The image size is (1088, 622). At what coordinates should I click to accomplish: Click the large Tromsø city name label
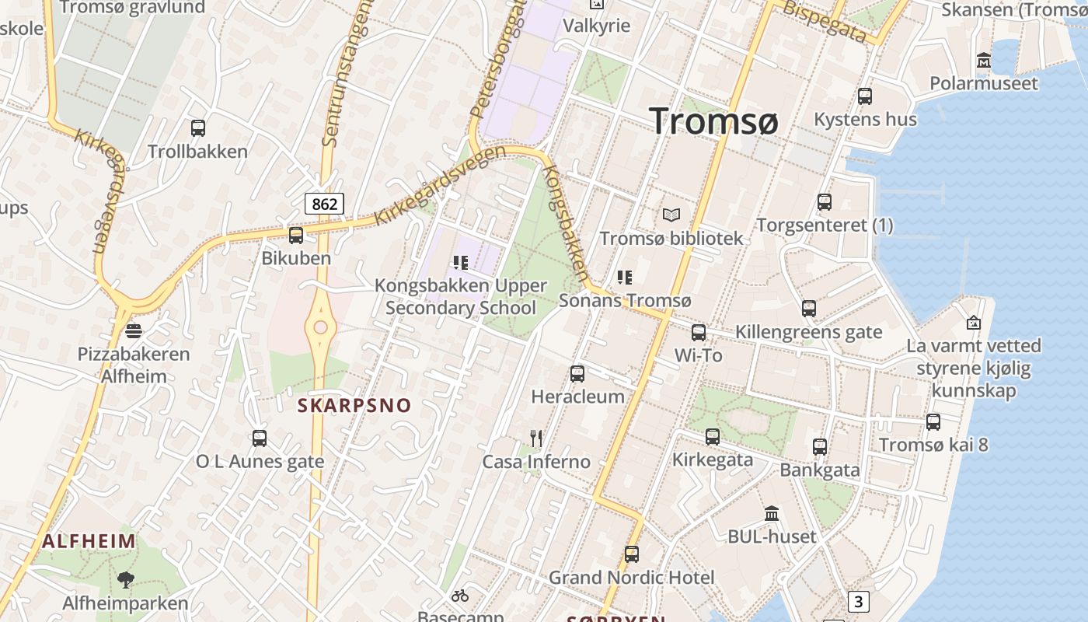tap(713, 121)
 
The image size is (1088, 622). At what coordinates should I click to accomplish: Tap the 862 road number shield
tap(323, 204)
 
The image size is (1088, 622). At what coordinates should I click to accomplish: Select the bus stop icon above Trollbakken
tap(198, 128)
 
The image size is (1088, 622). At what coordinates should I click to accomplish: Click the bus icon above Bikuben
tap(295, 235)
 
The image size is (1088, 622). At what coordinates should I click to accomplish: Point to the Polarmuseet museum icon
tap(984, 61)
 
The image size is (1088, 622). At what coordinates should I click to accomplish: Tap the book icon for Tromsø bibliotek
tap(671, 215)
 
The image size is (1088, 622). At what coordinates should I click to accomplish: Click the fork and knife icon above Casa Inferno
tap(535, 438)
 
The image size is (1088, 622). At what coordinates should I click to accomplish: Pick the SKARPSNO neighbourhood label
tap(354, 405)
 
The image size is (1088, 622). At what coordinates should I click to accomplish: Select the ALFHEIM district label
tap(89, 541)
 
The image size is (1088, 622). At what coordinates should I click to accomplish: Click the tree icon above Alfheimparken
tap(125, 579)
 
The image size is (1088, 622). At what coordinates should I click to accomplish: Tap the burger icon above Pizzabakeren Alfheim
tap(134, 330)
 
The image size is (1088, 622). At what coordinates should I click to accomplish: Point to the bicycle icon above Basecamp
tap(460, 596)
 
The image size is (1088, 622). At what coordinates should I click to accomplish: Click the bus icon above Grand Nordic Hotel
tap(632, 554)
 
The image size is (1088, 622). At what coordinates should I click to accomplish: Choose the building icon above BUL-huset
tap(772, 513)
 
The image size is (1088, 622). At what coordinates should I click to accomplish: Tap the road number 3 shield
tap(858, 601)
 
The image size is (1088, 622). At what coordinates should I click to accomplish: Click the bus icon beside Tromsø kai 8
tap(933, 422)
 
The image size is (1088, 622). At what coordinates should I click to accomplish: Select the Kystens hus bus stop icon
tap(865, 96)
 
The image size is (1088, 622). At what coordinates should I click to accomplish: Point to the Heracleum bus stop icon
tap(577, 374)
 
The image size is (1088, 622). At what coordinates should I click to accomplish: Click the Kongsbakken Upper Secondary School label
tap(461, 296)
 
